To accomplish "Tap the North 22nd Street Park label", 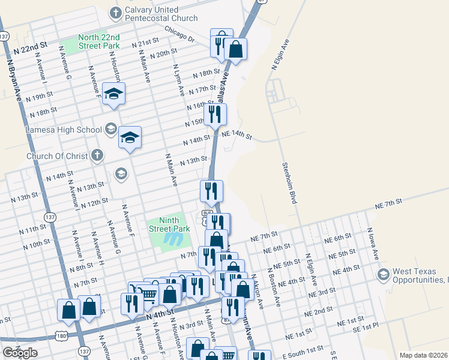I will (x=99, y=41).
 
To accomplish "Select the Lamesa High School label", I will (x=64, y=129).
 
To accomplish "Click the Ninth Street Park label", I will (x=169, y=224).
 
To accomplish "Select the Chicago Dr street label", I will (x=179, y=35).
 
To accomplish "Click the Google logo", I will (x=19, y=353).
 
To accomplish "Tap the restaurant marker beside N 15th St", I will (x=214, y=114).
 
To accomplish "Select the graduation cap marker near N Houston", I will (x=113, y=94).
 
